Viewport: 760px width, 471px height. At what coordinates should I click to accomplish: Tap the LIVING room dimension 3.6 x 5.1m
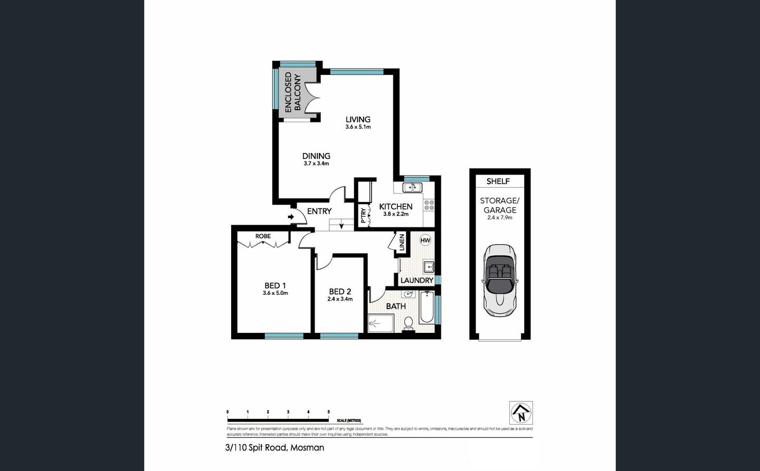click(x=358, y=127)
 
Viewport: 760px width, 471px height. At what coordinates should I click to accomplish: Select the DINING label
click(x=316, y=156)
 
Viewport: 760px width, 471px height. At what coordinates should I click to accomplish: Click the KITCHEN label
click(x=396, y=207)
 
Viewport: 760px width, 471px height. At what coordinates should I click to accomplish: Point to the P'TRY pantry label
click(x=363, y=215)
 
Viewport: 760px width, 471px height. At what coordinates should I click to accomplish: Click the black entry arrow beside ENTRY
click(x=291, y=217)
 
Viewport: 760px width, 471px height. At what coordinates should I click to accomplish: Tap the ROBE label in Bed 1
click(x=263, y=236)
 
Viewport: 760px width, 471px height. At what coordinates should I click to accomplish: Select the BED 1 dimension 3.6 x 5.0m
click(x=275, y=293)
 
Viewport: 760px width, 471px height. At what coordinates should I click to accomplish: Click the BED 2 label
click(x=340, y=292)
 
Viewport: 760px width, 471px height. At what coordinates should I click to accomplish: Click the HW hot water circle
click(x=425, y=240)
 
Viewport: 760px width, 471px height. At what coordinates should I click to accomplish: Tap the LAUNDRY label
click(x=416, y=281)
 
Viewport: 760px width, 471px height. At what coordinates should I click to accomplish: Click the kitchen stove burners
click(x=429, y=205)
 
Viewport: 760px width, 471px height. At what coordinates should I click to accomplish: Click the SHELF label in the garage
click(x=498, y=181)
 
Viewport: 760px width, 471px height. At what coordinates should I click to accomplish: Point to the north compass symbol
click(x=521, y=412)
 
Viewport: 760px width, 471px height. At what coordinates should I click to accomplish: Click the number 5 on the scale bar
click(x=329, y=412)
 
